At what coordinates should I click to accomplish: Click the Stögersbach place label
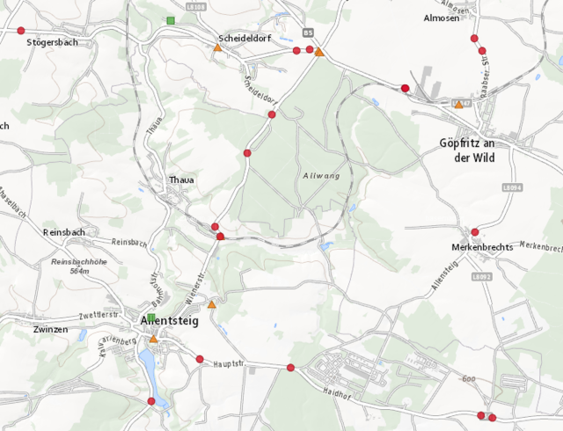pos(53,41)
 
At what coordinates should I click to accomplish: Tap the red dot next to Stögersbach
pos(21,31)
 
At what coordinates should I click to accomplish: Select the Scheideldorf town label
pos(244,39)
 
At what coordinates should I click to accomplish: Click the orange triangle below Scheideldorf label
pos(217,48)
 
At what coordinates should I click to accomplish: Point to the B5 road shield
pos(307,33)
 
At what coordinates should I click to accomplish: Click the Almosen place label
pos(442,18)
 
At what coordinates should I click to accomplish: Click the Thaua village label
pos(181,180)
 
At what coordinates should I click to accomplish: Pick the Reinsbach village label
pos(62,232)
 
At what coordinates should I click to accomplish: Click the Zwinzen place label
pos(49,329)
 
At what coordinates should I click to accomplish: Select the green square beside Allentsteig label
pos(150,318)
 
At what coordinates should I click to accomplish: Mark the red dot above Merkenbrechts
pos(475,232)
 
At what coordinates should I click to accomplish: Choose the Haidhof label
pos(337,391)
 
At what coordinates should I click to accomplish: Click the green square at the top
pos(170,19)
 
